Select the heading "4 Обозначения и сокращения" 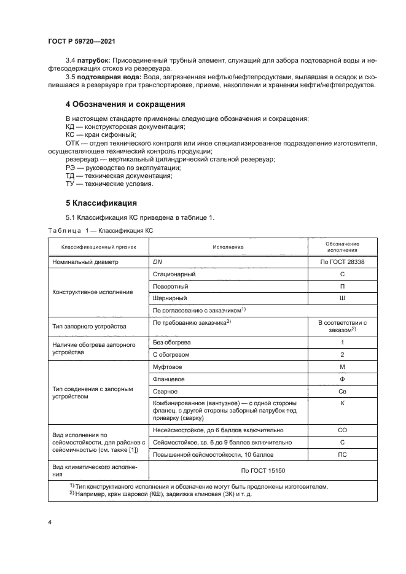125,104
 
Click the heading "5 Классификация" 101,203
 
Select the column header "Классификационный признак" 96,247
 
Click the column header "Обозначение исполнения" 342,247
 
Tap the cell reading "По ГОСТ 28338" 342,262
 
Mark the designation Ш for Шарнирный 342,298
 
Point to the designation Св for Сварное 342,391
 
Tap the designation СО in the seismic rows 342,430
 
